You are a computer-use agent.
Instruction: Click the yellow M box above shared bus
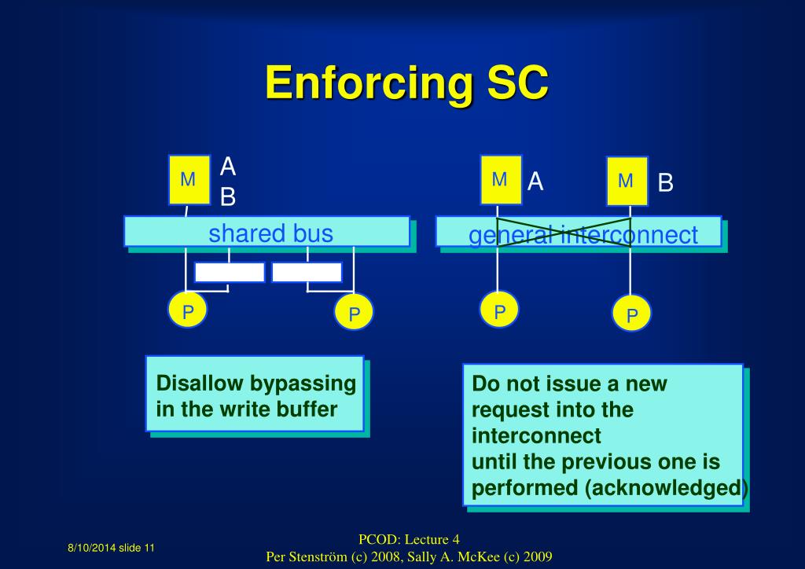pos(189,180)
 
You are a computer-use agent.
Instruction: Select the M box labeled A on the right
pos(500,180)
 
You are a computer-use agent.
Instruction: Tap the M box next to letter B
pos(627,182)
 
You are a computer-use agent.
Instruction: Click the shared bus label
pos(270,233)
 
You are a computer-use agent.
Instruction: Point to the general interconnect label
pos(583,235)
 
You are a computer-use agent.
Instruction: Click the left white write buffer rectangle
pos(230,272)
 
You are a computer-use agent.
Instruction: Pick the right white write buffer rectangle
pos(307,272)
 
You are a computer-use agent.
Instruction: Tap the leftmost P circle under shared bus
pos(188,310)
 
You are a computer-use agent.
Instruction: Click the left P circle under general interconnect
pos(499,310)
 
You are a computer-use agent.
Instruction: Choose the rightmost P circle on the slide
pos(632,314)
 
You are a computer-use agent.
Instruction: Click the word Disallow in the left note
pos(200,384)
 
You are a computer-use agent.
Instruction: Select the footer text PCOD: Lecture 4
pos(409,539)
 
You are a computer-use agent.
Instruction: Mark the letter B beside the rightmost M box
pos(666,184)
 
